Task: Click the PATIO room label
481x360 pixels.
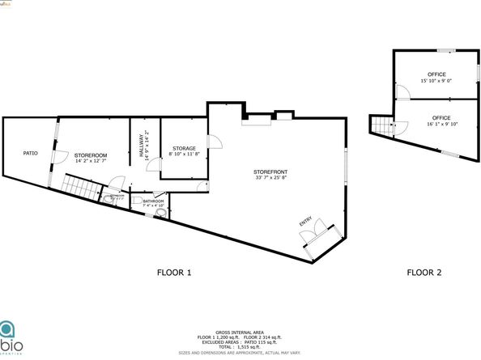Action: (x=31, y=153)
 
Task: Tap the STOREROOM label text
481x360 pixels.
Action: (x=91, y=155)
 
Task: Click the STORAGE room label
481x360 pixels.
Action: (x=184, y=149)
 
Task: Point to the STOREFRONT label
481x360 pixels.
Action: (x=270, y=172)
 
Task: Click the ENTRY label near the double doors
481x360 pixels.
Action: (x=305, y=222)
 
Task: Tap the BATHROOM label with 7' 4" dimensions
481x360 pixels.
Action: (x=154, y=201)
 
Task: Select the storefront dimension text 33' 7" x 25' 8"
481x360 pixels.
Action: (x=270, y=179)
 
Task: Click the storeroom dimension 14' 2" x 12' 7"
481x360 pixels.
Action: (x=91, y=160)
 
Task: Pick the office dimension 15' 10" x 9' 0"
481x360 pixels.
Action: (x=436, y=80)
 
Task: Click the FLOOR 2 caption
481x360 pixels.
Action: (x=424, y=273)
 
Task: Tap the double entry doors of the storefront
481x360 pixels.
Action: (x=313, y=236)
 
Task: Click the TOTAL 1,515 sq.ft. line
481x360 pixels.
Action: (x=240, y=346)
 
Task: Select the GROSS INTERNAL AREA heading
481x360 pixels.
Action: (x=240, y=332)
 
